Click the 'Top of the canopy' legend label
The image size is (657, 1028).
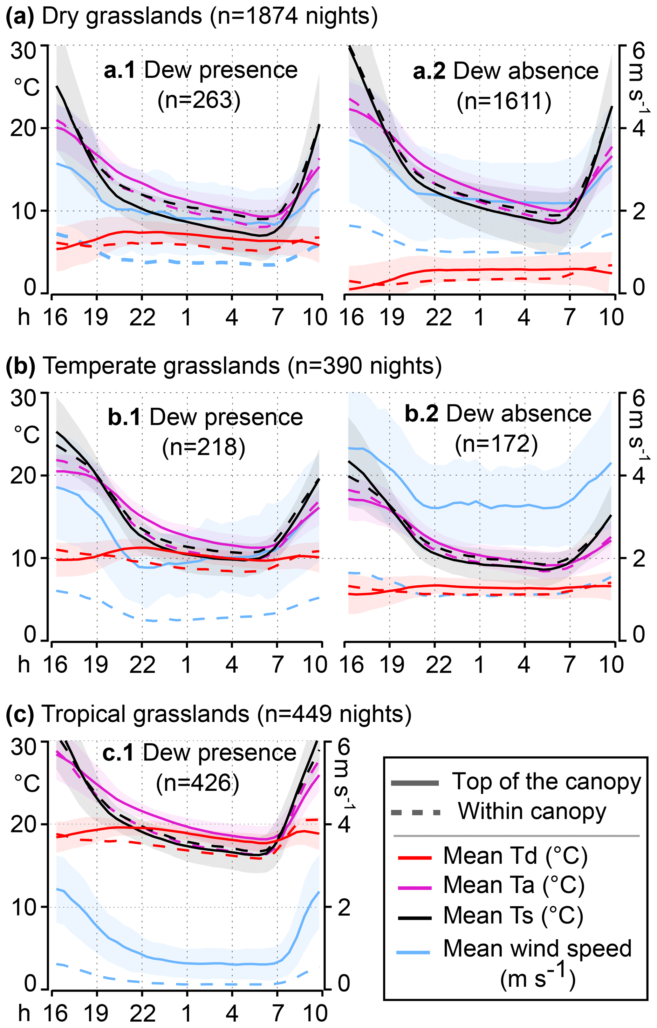pos(546,781)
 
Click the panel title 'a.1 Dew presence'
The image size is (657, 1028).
pos(201,70)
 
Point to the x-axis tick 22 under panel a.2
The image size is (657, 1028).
pos(438,317)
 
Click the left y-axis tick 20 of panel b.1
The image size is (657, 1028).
pos(23,475)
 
